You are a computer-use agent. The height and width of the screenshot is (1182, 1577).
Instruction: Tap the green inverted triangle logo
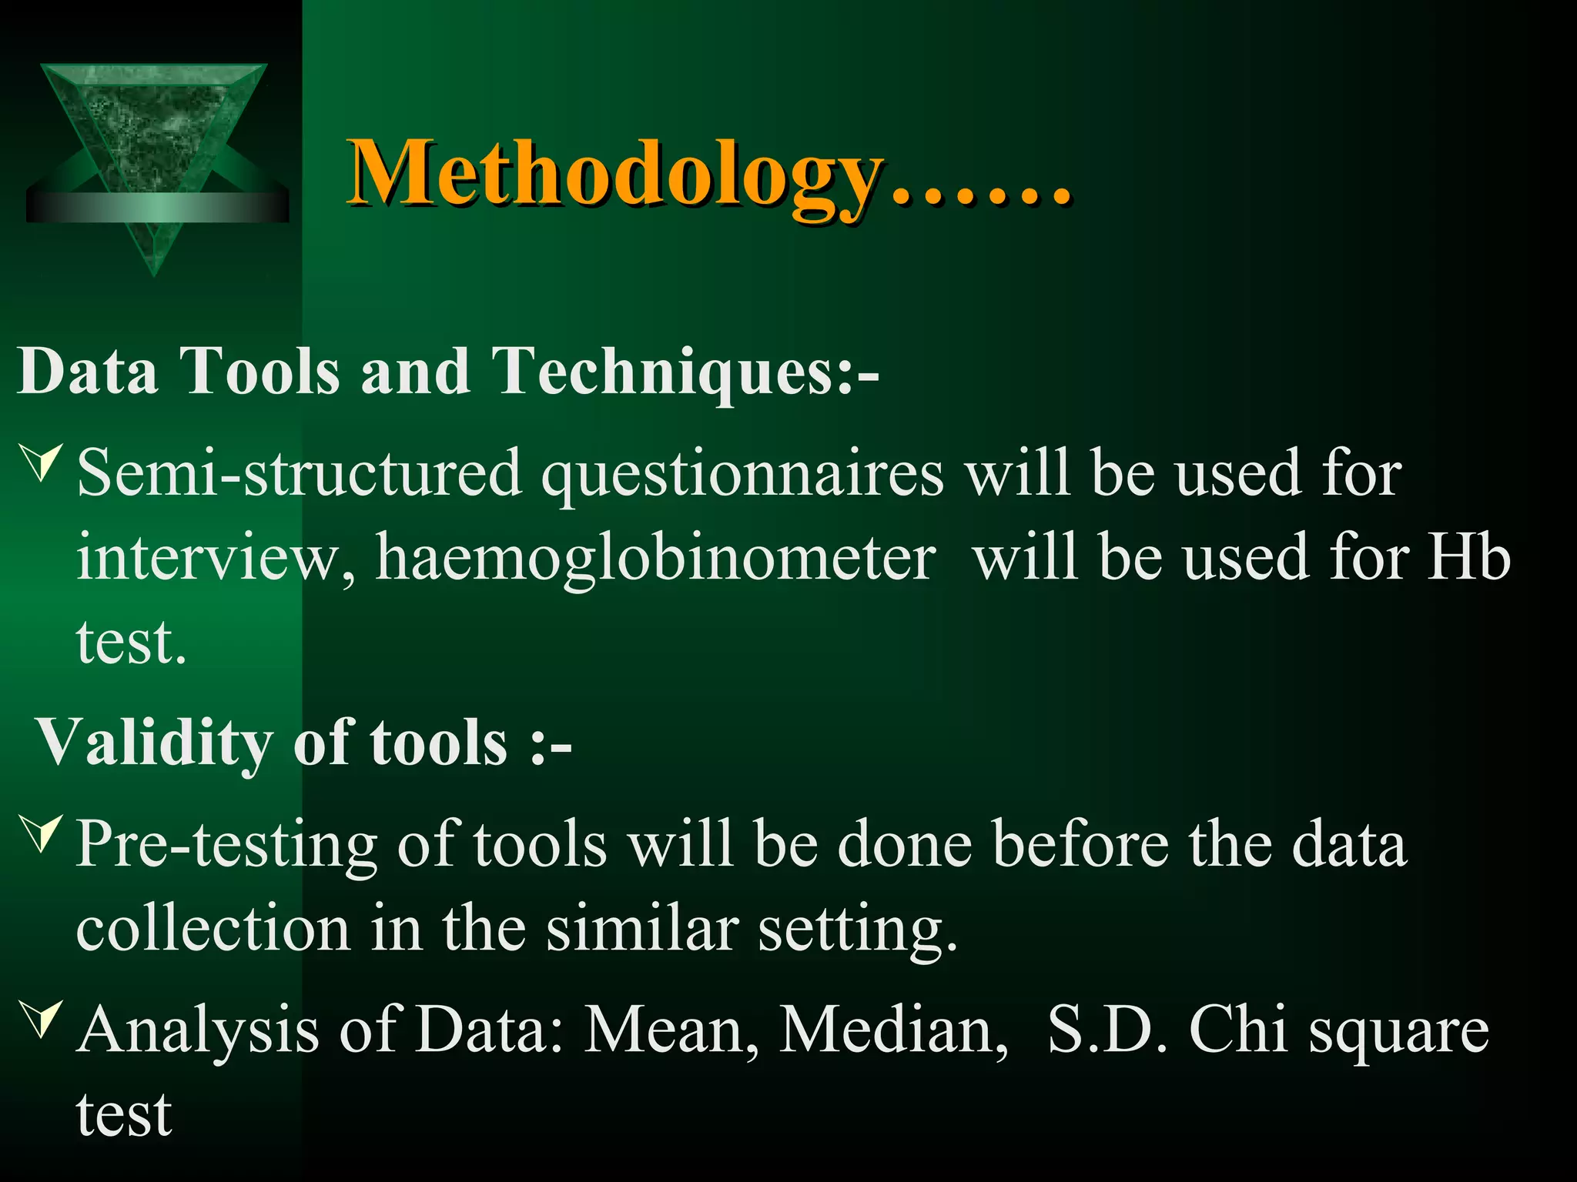(x=154, y=154)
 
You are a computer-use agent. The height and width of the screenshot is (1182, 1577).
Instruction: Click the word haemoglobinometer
(x=655, y=558)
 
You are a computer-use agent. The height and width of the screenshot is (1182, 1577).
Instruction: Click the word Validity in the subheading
(x=154, y=743)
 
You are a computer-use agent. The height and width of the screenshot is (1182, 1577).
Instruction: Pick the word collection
(x=213, y=929)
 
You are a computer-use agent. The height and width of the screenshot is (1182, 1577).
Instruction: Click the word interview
(x=216, y=558)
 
